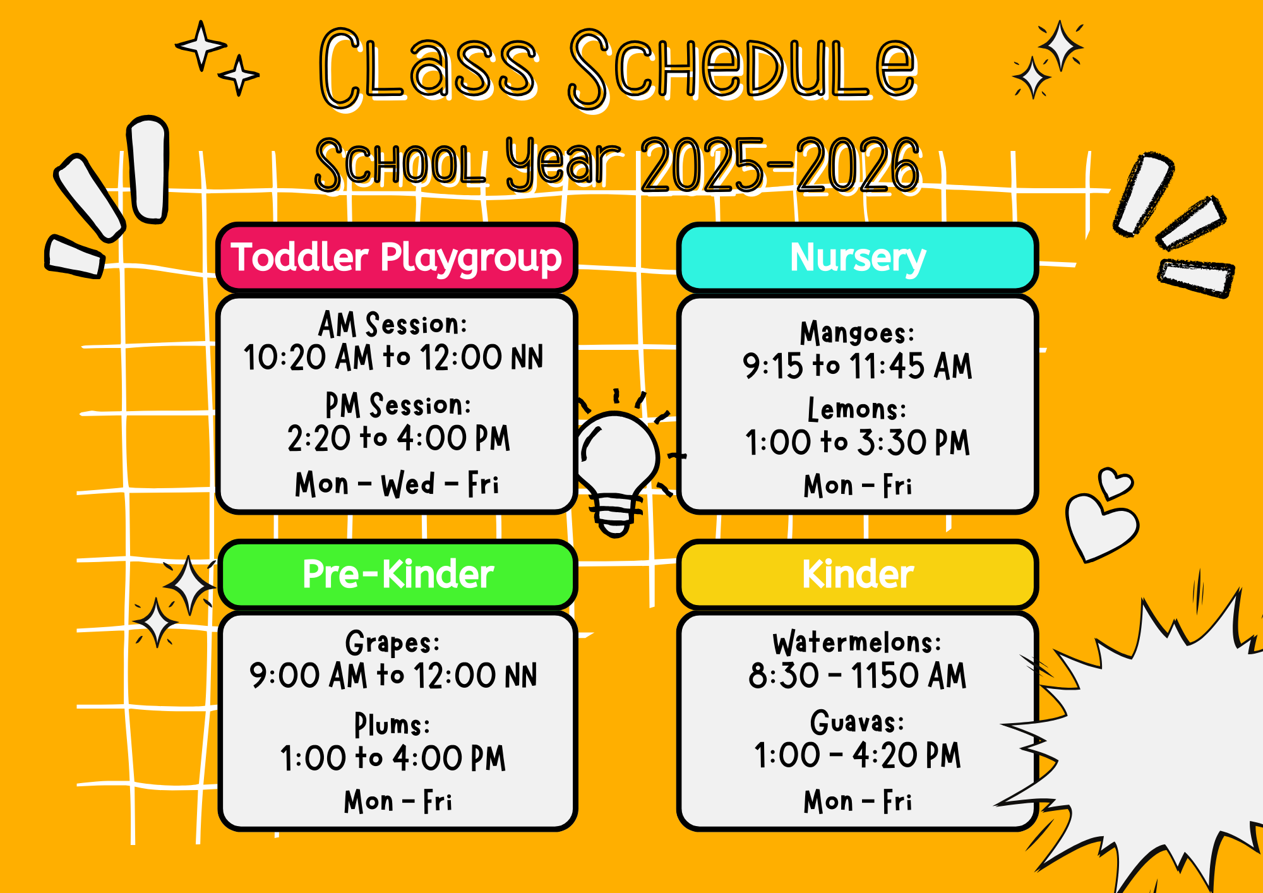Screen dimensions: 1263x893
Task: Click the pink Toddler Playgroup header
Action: (397, 258)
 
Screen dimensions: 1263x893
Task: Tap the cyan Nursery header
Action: (858, 258)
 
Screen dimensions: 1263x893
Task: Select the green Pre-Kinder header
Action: (398, 574)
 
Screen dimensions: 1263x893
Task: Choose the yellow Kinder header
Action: (858, 574)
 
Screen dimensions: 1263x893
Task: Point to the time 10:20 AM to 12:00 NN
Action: (393, 357)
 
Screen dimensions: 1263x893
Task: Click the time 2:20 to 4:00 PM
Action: (398, 438)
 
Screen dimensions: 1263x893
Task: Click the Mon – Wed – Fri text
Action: (397, 484)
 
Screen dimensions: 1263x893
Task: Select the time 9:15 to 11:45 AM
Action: (857, 366)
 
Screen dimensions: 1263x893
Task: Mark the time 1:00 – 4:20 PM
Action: (858, 755)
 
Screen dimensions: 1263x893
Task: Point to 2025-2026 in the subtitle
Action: (781, 165)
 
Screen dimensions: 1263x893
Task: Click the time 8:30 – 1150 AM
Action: (858, 676)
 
